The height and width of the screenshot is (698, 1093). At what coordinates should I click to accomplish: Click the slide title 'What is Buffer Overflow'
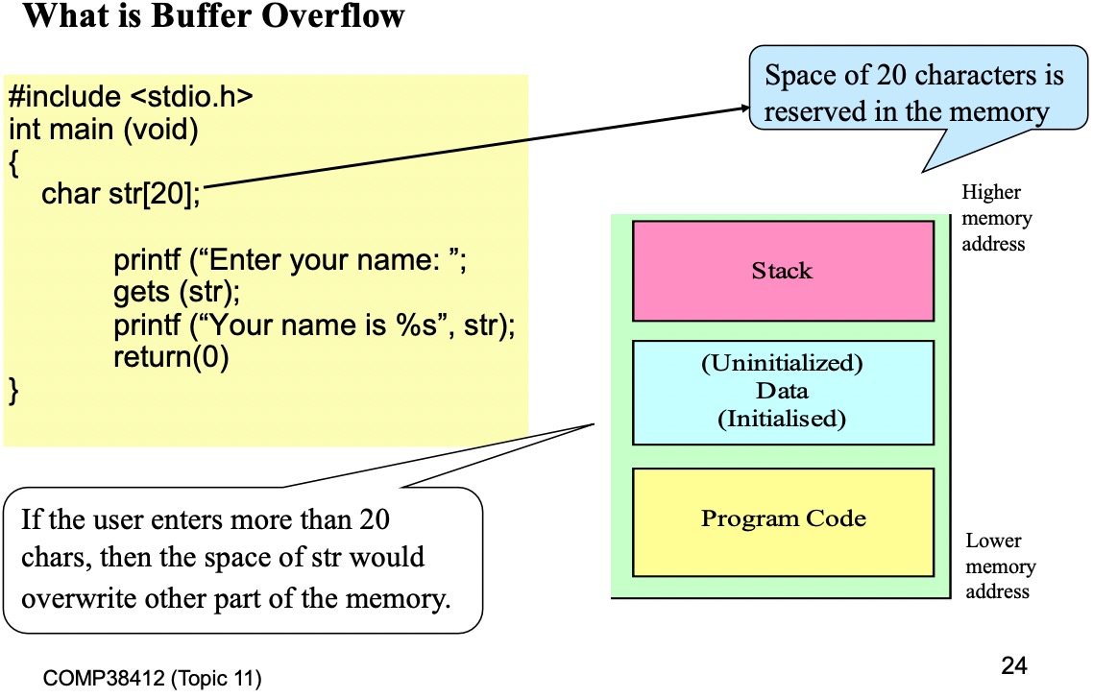click(213, 15)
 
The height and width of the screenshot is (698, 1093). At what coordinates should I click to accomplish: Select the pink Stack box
click(783, 271)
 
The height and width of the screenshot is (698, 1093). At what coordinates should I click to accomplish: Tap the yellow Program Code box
click(783, 522)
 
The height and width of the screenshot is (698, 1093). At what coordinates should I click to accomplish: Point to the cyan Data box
click(783, 392)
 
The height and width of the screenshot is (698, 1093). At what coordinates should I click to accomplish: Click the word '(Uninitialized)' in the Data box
click(782, 363)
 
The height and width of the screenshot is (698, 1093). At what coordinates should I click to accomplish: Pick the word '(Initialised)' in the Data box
click(782, 419)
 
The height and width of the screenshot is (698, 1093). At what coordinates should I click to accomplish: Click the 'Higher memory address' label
click(996, 218)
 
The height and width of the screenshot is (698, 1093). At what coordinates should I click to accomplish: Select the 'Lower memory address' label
click(1000, 566)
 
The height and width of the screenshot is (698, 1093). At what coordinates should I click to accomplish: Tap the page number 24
click(1013, 665)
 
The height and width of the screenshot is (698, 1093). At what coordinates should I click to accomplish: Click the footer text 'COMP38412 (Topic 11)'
click(152, 678)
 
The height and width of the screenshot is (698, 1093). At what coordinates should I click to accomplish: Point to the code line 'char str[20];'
click(121, 194)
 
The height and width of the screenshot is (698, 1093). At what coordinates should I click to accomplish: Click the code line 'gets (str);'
click(177, 292)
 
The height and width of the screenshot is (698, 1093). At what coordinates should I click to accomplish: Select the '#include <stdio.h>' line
click(131, 96)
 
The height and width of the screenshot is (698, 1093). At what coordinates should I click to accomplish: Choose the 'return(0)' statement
click(171, 356)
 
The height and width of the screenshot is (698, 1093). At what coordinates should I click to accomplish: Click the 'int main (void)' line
click(103, 130)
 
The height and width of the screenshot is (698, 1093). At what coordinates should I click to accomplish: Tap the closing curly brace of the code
click(13, 390)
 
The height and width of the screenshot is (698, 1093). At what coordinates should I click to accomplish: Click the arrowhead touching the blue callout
click(744, 108)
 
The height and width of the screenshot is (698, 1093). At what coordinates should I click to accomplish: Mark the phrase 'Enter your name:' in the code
click(324, 260)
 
